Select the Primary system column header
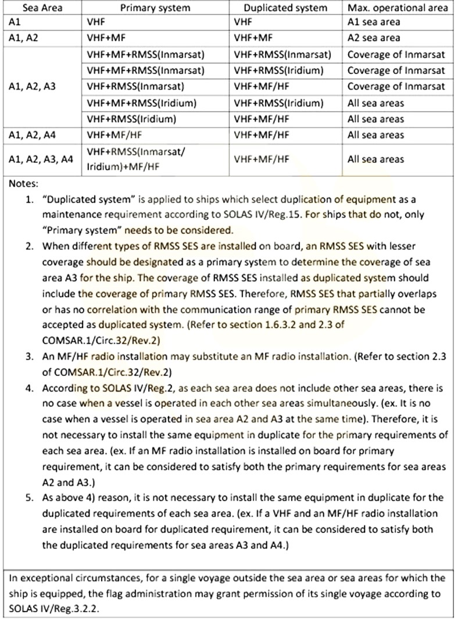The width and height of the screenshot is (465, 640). click(x=155, y=8)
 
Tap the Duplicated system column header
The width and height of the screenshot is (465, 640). click(x=285, y=8)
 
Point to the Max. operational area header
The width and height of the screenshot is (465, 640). click(x=398, y=8)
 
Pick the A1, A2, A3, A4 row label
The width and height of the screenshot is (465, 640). click(x=41, y=159)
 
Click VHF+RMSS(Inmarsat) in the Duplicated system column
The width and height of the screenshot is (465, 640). click(x=282, y=55)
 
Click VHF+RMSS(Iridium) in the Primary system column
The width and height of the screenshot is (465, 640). click(x=131, y=119)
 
